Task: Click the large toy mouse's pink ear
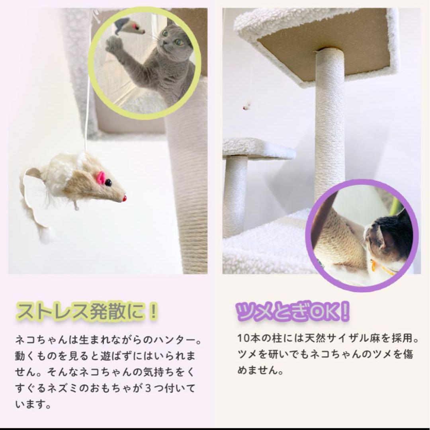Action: [x=101, y=177]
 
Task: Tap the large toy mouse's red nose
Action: [x=124, y=198]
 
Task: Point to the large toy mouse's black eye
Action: [x=108, y=183]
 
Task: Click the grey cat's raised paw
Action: [x=114, y=45]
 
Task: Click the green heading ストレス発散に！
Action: [x=87, y=311]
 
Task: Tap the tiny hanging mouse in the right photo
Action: [x=247, y=106]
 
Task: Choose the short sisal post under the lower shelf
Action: [x=235, y=195]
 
